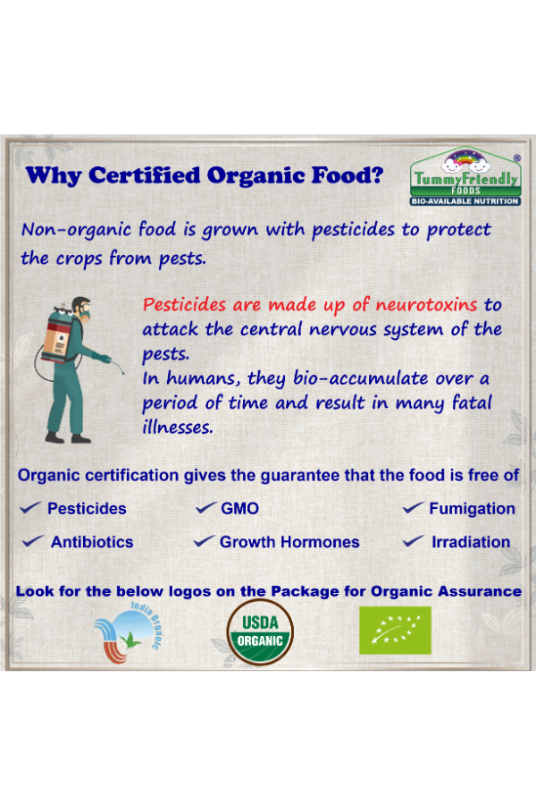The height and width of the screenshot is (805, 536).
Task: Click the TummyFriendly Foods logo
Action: tap(465, 176)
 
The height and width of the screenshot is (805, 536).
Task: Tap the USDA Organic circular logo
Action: tap(260, 632)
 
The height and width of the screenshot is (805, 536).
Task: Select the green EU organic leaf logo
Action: tap(395, 631)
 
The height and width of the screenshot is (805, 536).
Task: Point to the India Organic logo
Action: tap(128, 632)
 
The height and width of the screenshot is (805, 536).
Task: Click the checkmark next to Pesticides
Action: tap(30, 508)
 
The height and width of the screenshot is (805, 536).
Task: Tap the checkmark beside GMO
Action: tap(205, 508)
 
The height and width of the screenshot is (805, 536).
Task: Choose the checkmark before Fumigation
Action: tap(413, 508)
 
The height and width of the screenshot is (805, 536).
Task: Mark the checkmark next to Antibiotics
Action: tap(33, 541)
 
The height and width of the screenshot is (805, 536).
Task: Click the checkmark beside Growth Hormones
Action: tap(204, 541)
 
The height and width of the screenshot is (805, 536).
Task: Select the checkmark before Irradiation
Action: tap(413, 541)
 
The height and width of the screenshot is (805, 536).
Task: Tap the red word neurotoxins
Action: tap(426, 305)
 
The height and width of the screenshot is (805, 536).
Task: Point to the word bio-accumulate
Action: tap(361, 378)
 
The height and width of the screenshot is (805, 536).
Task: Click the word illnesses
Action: tap(178, 427)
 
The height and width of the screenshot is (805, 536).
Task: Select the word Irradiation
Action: tap(471, 542)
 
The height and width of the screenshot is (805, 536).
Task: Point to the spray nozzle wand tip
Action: tap(123, 373)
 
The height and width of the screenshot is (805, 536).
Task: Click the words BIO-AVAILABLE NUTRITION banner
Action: tap(465, 201)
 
